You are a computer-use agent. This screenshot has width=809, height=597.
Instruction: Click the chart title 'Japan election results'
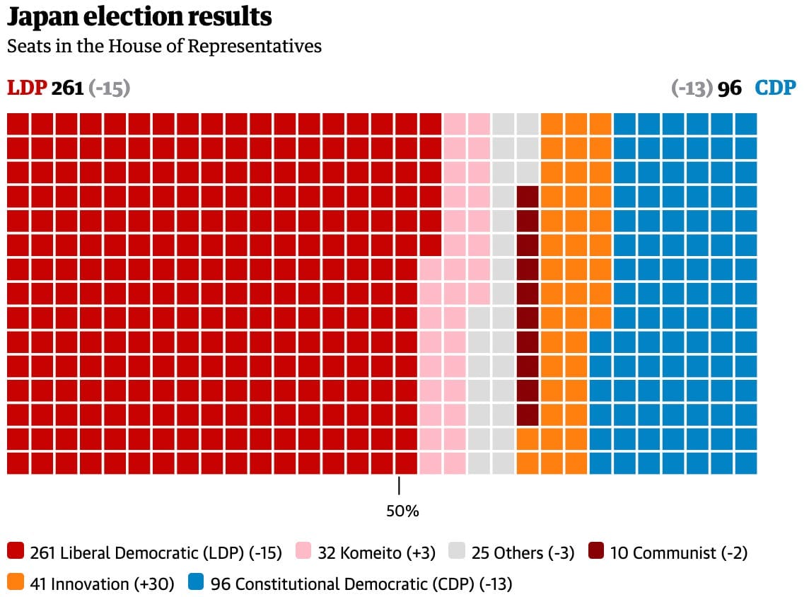click(x=139, y=17)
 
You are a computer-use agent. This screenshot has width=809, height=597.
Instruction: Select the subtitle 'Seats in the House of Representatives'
click(x=164, y=47)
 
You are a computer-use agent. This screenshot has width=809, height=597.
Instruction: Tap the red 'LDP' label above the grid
click(x=27, y=88)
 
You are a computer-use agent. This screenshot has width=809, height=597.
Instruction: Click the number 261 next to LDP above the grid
click(x=68, y=88)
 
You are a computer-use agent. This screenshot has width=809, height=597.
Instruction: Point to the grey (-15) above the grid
click(x=110, y=88)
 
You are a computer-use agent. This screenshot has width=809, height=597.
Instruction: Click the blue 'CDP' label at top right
click(x=775, y=88)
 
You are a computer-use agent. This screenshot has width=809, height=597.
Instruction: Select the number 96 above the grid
click(x=730, y=88)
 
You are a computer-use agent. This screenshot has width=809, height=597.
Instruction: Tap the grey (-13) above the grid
click(x=692, y=88)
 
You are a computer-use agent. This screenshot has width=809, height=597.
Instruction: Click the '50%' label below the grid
click(x=402, y=511)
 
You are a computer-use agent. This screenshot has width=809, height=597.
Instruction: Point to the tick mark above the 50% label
click(x=400, y=486)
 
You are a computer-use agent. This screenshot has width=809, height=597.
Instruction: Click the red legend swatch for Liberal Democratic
click(x=16, y=552)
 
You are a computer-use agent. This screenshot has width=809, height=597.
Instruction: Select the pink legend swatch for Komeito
click(x=303, y=552)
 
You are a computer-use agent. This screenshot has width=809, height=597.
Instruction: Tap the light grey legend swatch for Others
click(x=457, y=552)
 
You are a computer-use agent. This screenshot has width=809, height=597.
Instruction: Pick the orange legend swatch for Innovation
click(x=16, y=583)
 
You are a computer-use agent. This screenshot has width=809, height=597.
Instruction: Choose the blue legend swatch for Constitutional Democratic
click(x=196, y=583)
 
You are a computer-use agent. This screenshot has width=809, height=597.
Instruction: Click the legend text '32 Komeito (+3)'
click(x=377, y=552)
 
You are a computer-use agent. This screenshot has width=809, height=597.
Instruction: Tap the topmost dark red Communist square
click(x=528, y=197)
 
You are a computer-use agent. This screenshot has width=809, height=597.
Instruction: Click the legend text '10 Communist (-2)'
click(x=678, y=552)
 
